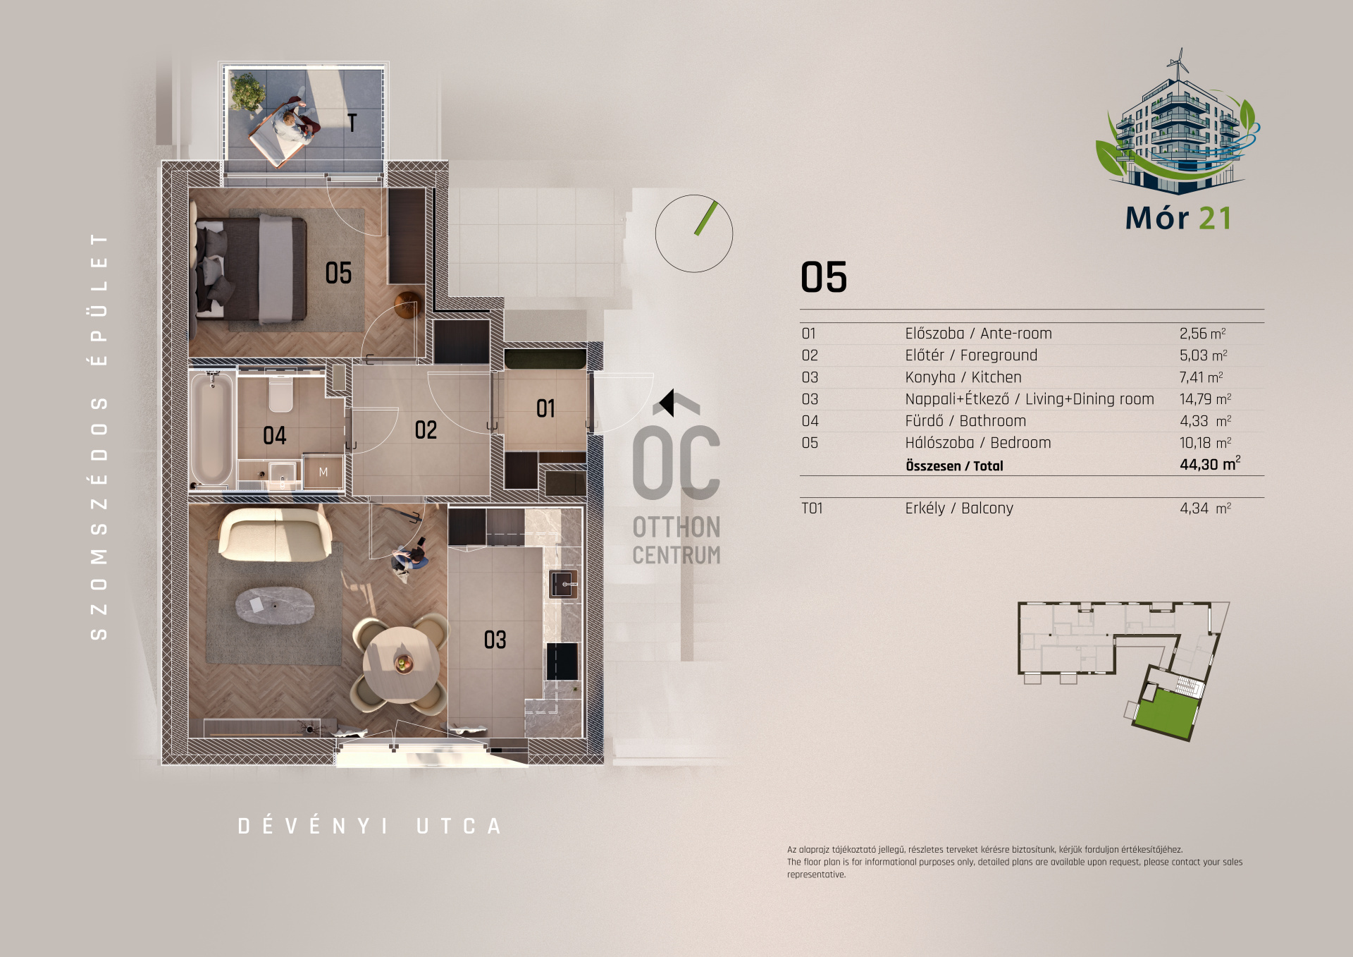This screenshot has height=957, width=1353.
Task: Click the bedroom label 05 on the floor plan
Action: pyautogui.click(x=338, y=273)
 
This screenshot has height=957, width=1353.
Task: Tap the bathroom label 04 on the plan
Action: pyautogui.click(x=275, y=435)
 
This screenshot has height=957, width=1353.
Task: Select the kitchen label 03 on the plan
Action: pyautogui.click(x=495, y=640)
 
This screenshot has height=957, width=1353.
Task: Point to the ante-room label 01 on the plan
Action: pyautogui.click(x=545, y=408)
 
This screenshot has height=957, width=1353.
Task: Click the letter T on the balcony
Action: pyautogui.click(x=352, y=123)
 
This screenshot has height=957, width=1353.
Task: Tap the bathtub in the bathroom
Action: pyautogui.click(x=211, y=429)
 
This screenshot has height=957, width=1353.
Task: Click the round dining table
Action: pyautogui.click(x=401, y=663)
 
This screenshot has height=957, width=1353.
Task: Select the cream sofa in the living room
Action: pyautogui.click(x=275, y=535)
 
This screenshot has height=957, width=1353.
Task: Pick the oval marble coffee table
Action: pyautogui.click(x=275, y=606)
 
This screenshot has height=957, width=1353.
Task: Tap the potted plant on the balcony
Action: pyautogui.click(x=247, y=92)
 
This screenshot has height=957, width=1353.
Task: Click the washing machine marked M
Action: pyautogui.click(x=323, y=472)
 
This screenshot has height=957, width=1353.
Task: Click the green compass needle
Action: pyautogui.click(x=706, y=218)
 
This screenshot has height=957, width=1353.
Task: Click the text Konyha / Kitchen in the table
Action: pyautogui.click(x=963, y=377)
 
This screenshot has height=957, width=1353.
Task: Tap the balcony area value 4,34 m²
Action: pyautogui.click(x=1206, y=508)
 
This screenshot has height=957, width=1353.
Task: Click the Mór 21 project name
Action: pyautogui.click(x=1178, y=218)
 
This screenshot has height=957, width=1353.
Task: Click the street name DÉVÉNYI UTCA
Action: pyautogui.click(x=369, y=826)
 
